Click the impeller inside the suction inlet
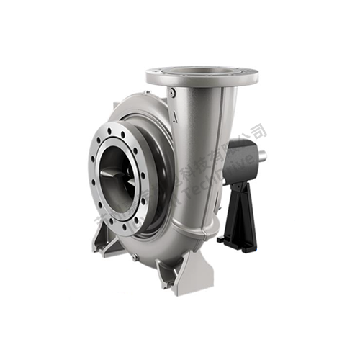(116, 176)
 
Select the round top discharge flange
(201, 75)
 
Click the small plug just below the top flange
(171, 92)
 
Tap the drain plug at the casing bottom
(135, 256)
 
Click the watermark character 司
(260, 130)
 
